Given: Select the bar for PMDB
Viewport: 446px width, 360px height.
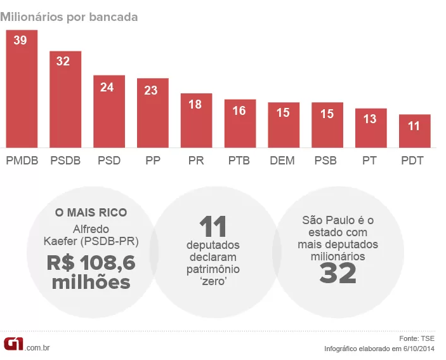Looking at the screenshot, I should tap(22, 89).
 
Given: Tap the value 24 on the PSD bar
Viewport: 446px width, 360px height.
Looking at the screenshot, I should tap(107, 88).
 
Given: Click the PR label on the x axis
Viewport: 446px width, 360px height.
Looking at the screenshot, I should tap(196, 161).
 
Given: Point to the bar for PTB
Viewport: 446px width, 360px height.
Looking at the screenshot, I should tap(240, 123).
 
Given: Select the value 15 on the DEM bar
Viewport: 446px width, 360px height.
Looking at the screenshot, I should tap(283, 112).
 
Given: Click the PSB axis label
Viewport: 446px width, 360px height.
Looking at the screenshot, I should tap(327, 161).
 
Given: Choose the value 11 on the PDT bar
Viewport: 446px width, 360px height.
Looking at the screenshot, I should tap(414, 126).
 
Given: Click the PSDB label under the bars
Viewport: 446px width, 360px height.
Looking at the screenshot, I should tap(65, 161).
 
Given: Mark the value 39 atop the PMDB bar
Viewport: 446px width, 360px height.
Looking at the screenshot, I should tap(21, 40).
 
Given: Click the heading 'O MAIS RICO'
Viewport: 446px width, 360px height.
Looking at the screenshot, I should tap(91, 212).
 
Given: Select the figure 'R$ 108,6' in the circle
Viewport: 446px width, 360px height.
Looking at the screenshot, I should tap(91, 262).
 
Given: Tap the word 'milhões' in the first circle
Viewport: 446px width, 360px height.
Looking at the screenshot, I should tap(91, 283).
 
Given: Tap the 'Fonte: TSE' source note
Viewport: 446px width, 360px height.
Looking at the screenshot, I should tap(417, 337).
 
